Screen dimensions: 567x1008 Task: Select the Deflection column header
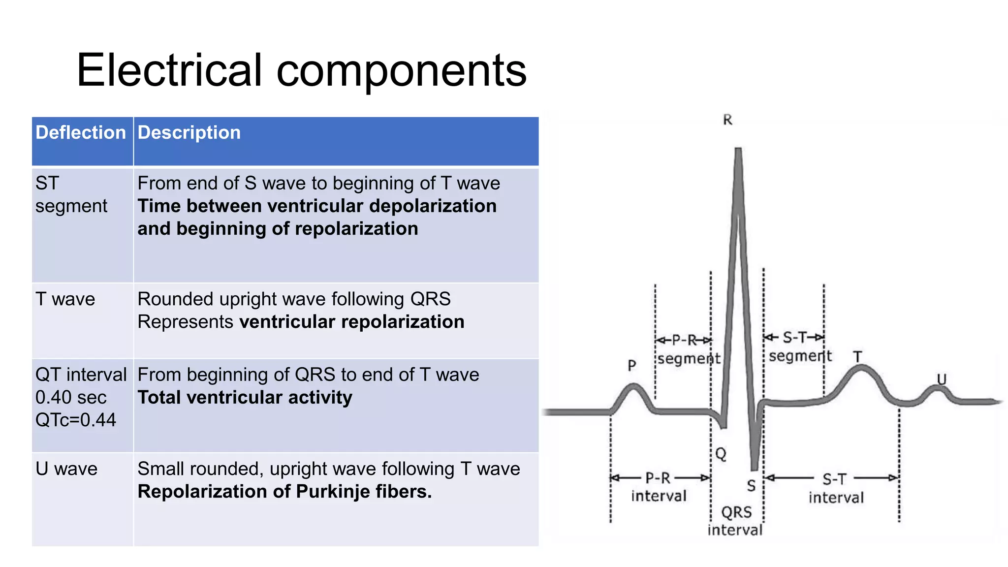(81, 132)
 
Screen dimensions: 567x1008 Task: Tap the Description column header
(189, 132)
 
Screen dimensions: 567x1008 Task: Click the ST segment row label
(71, 194)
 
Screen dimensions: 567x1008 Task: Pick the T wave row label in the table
(65, 299)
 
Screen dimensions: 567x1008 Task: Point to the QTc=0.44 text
(75, 420)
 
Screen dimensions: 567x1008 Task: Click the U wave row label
(66, 469)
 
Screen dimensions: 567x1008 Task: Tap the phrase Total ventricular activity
(245, 397)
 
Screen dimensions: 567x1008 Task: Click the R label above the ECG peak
(727, 120)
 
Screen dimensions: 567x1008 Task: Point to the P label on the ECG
(632, 365)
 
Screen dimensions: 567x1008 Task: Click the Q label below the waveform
(721, 453)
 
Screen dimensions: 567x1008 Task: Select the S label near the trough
(751, 486)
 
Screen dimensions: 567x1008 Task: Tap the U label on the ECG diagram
(941, 379)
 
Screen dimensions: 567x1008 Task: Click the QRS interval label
(736, 521)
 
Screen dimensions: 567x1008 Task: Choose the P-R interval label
(659, 487)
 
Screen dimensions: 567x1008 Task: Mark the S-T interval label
(835, 488)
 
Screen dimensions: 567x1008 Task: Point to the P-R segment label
(688, 349)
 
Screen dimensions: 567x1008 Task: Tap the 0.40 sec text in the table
(71, 397)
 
